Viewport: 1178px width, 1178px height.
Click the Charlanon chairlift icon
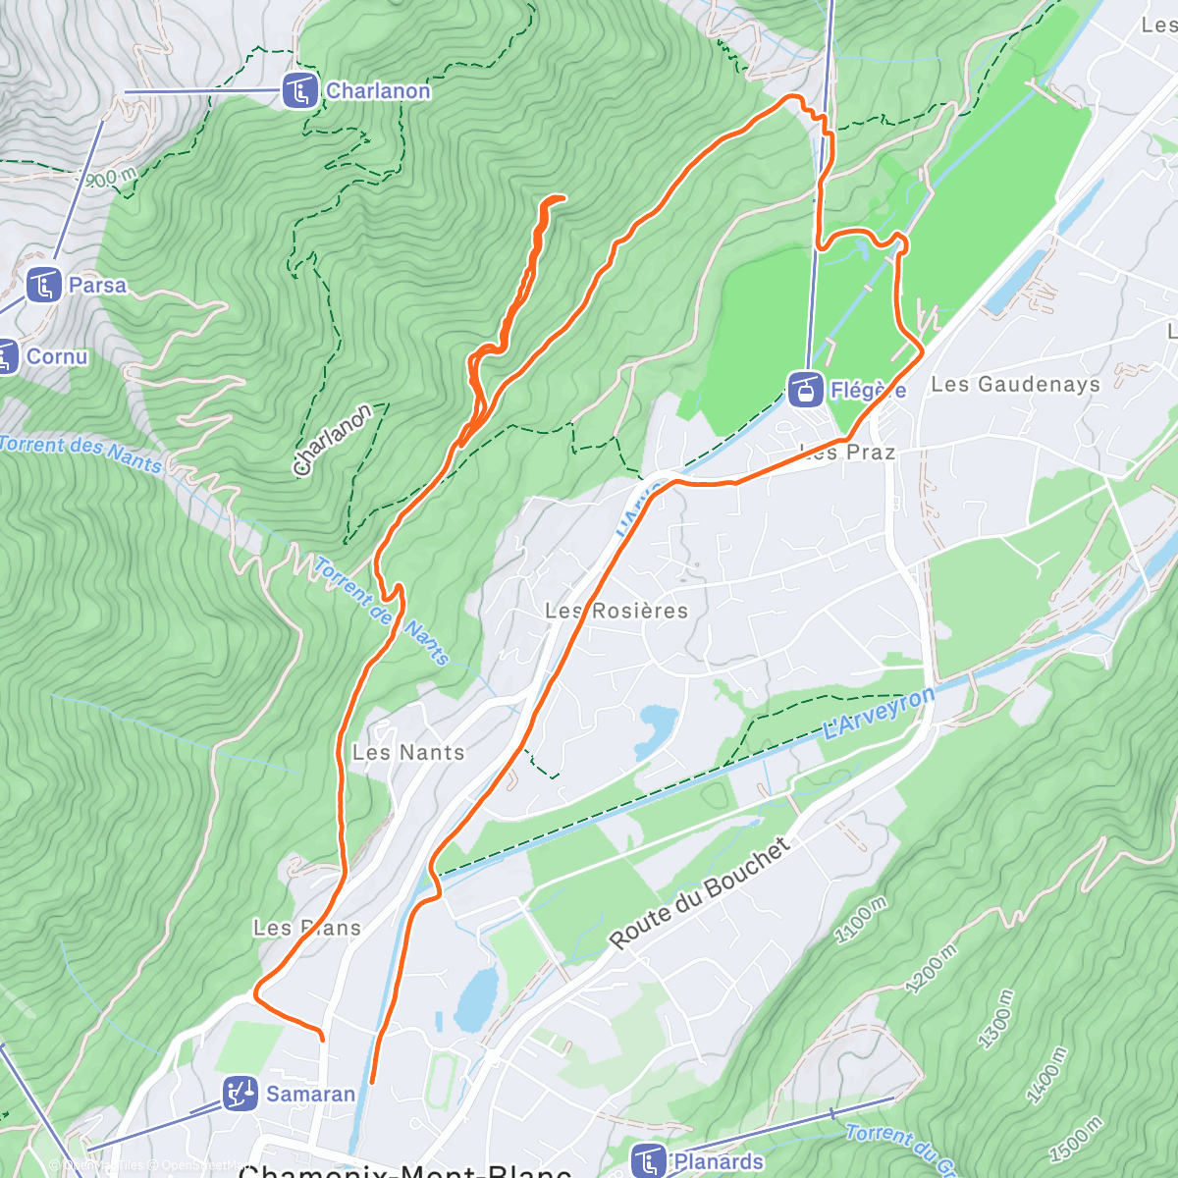tap(299, 91)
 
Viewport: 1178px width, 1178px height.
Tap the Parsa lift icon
tap(43, 286)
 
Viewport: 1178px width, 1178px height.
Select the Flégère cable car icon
tap(805, 390)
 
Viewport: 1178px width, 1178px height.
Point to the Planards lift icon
tap(649, 1161)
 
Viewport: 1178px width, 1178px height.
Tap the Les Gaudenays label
tap(1015, 384)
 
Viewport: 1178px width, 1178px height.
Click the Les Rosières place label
tap(616, 611)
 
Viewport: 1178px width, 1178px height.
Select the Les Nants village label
tap(408, 753)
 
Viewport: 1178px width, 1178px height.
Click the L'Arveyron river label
tap(879, 713)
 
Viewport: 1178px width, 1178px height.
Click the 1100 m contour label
tap(860, 920)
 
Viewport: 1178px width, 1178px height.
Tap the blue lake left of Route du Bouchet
tap(476, 998)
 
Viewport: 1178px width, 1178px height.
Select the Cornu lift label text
tap(57, 356)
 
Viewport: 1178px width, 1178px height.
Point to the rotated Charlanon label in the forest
tap(332, 440)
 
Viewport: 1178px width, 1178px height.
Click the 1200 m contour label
tap(932, 969)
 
